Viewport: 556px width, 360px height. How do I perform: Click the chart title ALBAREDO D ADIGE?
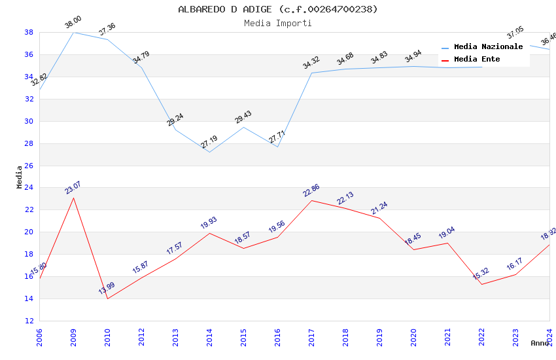(278, 9)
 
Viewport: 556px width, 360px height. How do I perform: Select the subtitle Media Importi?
(278, 23)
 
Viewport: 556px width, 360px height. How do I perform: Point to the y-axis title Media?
(19, 177)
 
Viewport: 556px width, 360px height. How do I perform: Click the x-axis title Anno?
(540, 343)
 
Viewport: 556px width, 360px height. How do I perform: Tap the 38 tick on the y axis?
(29, 32)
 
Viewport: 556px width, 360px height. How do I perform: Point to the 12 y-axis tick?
(29, 321)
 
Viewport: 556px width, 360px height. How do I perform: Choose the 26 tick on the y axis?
(29, 166)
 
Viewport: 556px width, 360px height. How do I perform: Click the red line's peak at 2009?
(73, 198)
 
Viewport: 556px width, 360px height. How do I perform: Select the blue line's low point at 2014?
(209, 152)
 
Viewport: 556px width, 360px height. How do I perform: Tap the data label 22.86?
(311, 190)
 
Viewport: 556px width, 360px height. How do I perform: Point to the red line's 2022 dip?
(481, 284)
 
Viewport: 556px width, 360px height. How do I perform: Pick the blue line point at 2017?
(311, 73)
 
